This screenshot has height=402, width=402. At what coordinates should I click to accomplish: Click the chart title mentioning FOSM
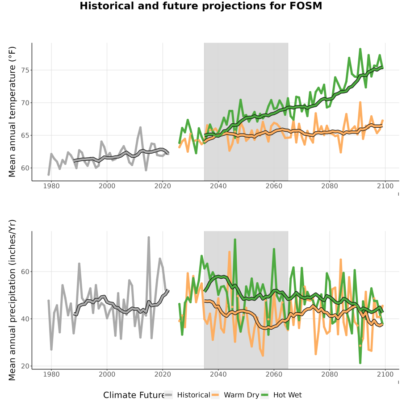(x=201, y=6)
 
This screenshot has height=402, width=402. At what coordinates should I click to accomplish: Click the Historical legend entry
(x=187, y=395)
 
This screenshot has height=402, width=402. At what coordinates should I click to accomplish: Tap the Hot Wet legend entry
(x=281, y=395)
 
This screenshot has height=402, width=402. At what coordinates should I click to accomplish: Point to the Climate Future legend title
(x=134, y=395)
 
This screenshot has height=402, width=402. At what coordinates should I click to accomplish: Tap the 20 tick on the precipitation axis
(x=25, y=366)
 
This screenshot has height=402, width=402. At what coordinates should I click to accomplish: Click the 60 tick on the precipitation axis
(x=25, y=272)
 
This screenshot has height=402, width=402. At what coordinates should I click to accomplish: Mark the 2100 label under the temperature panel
(x=385, y=186)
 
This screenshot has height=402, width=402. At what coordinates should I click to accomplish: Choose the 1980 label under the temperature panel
(x=51, y=186)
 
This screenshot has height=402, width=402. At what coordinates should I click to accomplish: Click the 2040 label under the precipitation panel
(x=218, y=374)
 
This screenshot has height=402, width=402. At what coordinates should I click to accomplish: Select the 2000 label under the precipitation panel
(x=107, y=374)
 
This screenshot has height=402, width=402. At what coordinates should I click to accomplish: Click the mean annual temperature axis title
(x=12, y=112)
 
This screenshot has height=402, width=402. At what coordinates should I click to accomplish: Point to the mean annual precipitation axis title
(x=12, y=300)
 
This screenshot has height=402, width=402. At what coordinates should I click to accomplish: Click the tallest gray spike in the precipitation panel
(x=148, y=238)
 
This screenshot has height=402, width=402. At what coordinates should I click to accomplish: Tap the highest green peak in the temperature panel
(x=360, y=49)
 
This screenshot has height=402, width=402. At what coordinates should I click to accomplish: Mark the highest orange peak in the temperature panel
(x=360, y=102)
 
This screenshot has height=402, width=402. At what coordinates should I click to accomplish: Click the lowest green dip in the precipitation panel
(x=360, y=363)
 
